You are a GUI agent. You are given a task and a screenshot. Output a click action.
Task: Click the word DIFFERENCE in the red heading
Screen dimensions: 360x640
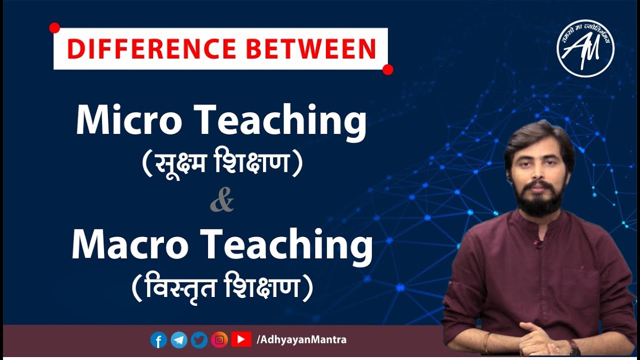pyautogui.click(x=150, y=49)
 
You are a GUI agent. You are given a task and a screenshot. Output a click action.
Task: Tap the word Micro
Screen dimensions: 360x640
pyautogui.click(x=128, y=121)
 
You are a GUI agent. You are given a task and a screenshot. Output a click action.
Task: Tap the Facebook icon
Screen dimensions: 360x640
pyautogui.click(x=158, y=340)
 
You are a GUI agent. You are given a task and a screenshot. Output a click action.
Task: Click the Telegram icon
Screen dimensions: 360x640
pyautogui.click(x=179, y=340)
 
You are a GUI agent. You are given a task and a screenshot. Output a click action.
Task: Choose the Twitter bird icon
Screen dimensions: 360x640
pyautogui.click(x=199, y=340)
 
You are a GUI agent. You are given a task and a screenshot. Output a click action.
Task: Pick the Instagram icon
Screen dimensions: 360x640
pyautogui.click(x=219, y=340)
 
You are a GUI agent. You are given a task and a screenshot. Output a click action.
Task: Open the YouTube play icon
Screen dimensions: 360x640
pyautogui.click(x=241, y=340)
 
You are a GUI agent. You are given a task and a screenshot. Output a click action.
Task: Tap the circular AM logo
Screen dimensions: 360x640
pyautogui.click(x=585, y=48)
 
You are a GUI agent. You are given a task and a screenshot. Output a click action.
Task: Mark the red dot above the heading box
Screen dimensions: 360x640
pyautogui.click(x=55, y=28)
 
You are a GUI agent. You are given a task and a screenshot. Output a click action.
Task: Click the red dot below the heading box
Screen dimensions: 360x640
pyautogui.click(x=387, y=69)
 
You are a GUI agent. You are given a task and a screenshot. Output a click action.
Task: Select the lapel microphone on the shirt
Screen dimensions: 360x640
pyautogui.click(x=538, y=244)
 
